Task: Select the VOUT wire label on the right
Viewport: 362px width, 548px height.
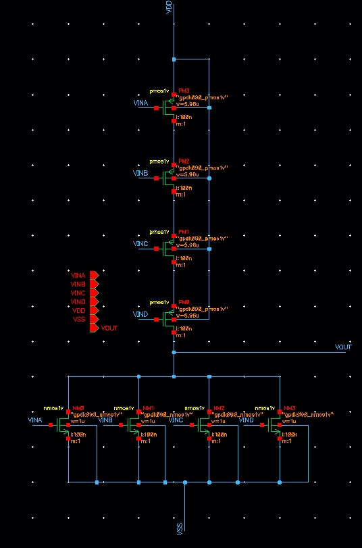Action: tap(344, 347)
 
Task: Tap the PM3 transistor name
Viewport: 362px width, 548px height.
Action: tap(184, 91)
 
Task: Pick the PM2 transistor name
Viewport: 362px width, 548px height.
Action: tap(184, 161)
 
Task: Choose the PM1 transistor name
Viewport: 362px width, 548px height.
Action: tap(184, 231)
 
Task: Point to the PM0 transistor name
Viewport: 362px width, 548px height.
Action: tap(184, 301)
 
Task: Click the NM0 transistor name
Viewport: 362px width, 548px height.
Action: tap(78, 408)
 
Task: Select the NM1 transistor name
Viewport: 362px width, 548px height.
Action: tap(148, 408)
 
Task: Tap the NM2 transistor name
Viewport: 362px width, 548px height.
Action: tap(218, 408)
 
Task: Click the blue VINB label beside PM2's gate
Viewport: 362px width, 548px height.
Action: tap(140, 173)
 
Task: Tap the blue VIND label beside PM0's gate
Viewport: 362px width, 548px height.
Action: tap(140, 314)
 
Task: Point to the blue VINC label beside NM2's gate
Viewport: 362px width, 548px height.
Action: tap(176, 420)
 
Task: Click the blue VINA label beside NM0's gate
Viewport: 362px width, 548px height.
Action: tap(35, 420)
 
